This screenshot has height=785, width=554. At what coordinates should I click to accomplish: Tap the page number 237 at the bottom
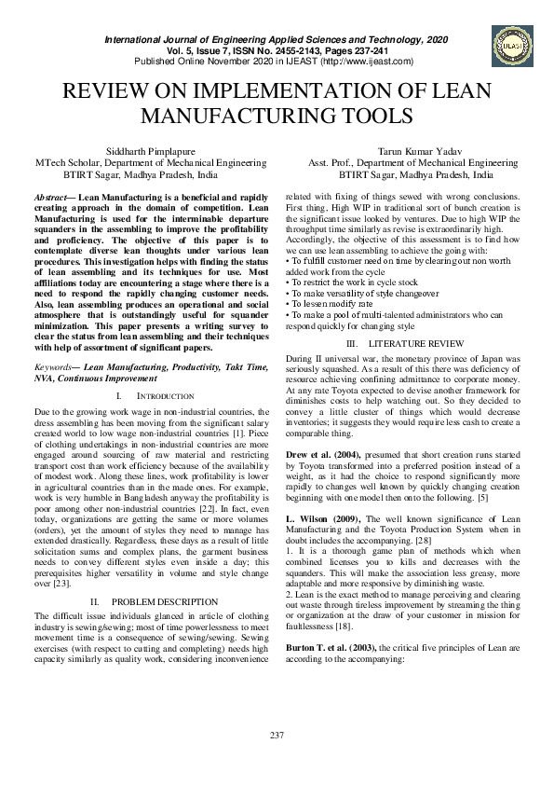[277, 737]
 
